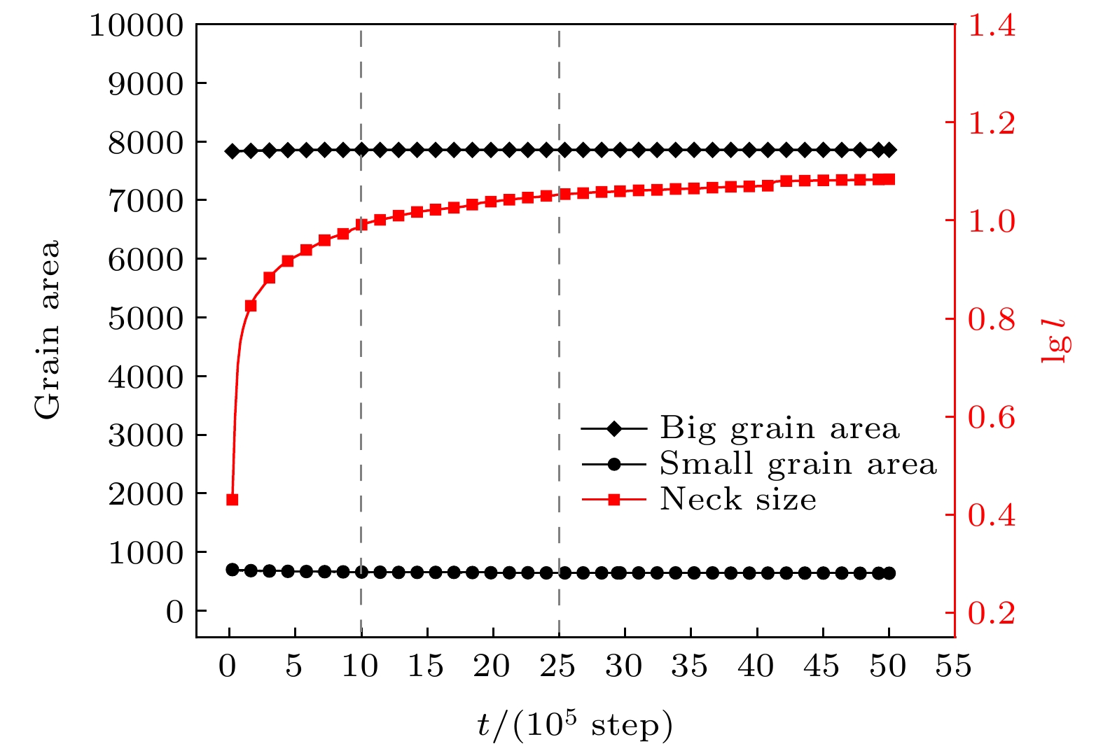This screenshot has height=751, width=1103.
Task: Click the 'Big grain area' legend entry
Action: click(x=779, y=428)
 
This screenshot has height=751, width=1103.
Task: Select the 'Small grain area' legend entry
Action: click(x=797, y=464)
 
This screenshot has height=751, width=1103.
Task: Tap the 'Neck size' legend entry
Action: click(x=737, y=500)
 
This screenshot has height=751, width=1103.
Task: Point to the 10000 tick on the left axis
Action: click(x=136, y=26)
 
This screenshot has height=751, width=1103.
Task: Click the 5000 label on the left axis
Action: click(x=145, y=318)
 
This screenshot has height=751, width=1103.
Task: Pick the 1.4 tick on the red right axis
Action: click(x=991, y=26)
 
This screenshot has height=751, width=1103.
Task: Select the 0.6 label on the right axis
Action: click(x=991, y=418)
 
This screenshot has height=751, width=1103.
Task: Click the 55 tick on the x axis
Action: click(x=954, y=666)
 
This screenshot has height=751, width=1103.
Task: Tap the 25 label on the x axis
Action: click(x=558, y=666)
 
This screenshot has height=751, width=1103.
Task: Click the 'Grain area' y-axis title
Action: click(x=48, y=330)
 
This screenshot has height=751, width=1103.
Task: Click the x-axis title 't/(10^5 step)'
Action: click(x=574, y=725)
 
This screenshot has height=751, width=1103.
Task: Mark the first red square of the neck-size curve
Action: click(x=233, y=500)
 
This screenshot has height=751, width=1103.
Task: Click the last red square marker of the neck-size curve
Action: click(x=889, y=179)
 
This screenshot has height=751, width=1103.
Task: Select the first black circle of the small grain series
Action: click(x=233, y=570)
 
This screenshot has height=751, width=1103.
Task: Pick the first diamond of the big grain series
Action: click(x=233, y=151)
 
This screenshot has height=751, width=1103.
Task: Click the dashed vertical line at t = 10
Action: click(x=361, y=350)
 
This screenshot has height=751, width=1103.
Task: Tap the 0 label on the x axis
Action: click(x=228, y=666)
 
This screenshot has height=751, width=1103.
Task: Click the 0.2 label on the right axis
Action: click(x=991, y=613)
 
